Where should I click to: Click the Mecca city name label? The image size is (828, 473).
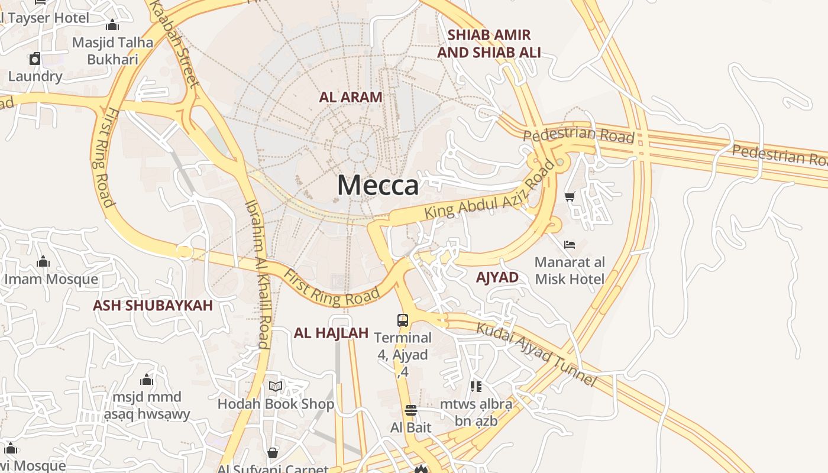(x=378, y=185)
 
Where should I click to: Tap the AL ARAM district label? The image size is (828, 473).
(x=351, y=97)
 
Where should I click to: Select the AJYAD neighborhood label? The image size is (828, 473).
(x=497, y=277)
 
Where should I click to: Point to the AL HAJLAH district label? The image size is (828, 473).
(x=331, y=333)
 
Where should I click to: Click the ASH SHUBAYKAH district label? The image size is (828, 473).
(x=153, y=305)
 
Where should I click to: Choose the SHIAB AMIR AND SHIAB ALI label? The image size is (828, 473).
(x=489, y=44)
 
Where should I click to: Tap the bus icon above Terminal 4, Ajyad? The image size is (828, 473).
(x=403, y=320)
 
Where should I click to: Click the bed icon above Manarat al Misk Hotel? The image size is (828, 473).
(x=570, y=244)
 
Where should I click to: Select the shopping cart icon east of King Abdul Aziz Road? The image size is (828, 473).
(x=570, y=197)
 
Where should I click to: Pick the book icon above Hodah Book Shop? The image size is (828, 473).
(x=275, y=387)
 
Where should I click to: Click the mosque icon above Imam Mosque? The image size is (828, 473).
(x=43, y=261)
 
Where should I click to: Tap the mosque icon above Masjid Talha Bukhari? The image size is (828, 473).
(x=112, y=25)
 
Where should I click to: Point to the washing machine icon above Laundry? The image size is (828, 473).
(x=35, y=59)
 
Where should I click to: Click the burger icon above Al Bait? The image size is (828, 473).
(x=410, y=410)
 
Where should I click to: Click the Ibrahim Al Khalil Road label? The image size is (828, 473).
(x=258, y=274)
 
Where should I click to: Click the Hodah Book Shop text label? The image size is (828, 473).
(x=276, y=404)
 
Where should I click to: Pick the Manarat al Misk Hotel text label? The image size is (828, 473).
(x=570, y=270)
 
